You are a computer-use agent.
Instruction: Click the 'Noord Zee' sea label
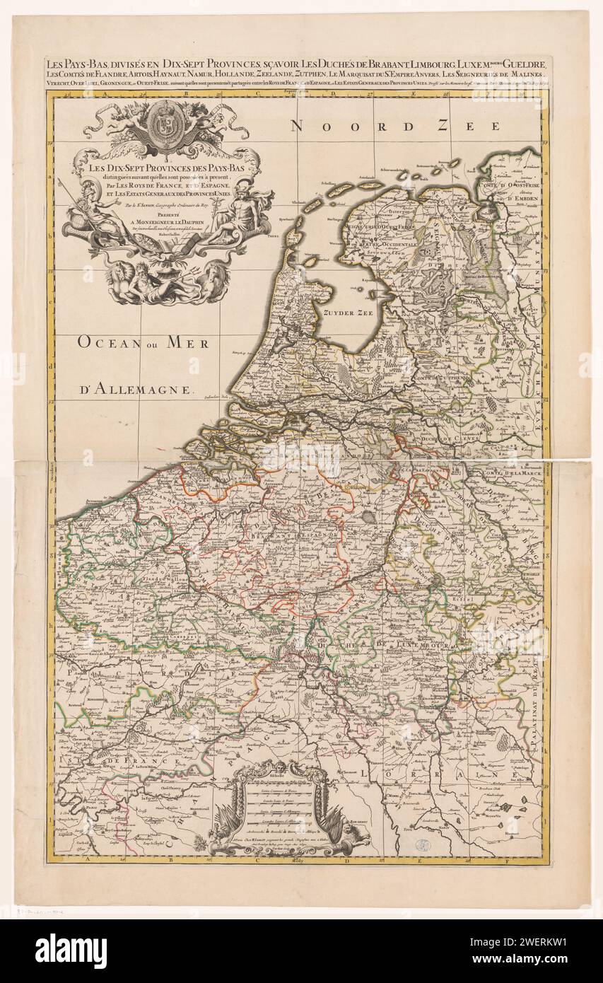(x=396, y=127)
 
